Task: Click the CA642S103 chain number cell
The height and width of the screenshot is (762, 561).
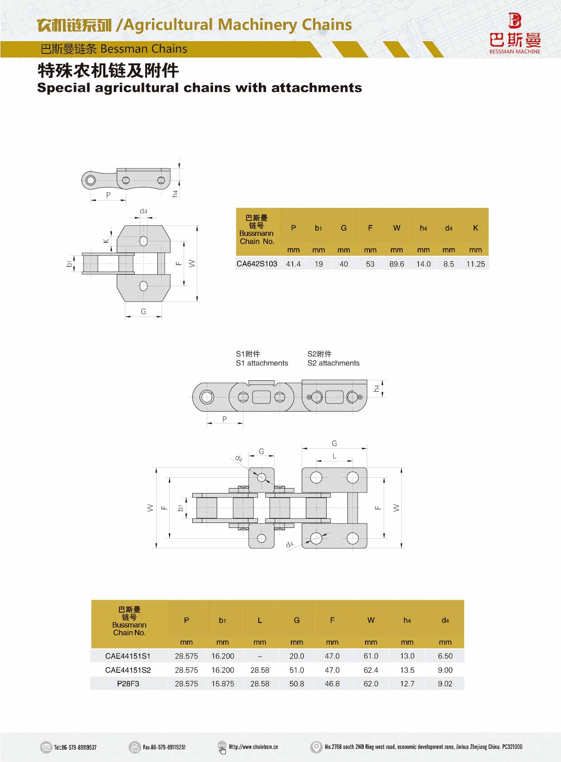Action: point(257,264)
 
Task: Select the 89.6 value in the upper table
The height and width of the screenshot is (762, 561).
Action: point(396,264)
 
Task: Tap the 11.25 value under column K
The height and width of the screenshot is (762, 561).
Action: point(475,264)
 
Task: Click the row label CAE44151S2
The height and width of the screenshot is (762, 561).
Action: point(128,670)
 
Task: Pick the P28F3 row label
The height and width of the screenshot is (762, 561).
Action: point(128,684)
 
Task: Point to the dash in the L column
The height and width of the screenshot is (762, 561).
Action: point(260,656)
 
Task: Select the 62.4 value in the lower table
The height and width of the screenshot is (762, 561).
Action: point(371,670)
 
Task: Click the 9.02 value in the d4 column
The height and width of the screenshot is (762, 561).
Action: point(445,684)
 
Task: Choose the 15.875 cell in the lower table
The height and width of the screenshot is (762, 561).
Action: point(223,684)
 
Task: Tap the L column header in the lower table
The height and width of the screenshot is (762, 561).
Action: point(260,620)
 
